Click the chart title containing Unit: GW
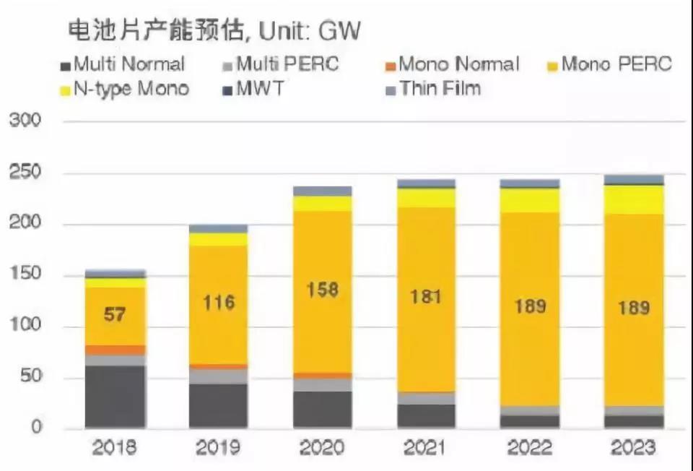tap(214, 32)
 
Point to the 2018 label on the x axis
tap(115, 449)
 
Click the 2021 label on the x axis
tap(426, 449)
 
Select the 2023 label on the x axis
tap(633, 449)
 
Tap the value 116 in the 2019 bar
tap(219, 302)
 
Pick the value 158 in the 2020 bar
tap(323, 290)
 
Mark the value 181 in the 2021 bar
tap(426, 297)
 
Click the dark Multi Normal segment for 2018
tap(115, 397)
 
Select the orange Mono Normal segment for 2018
tap(115, 350)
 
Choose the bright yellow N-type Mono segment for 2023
tap(633, 199)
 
